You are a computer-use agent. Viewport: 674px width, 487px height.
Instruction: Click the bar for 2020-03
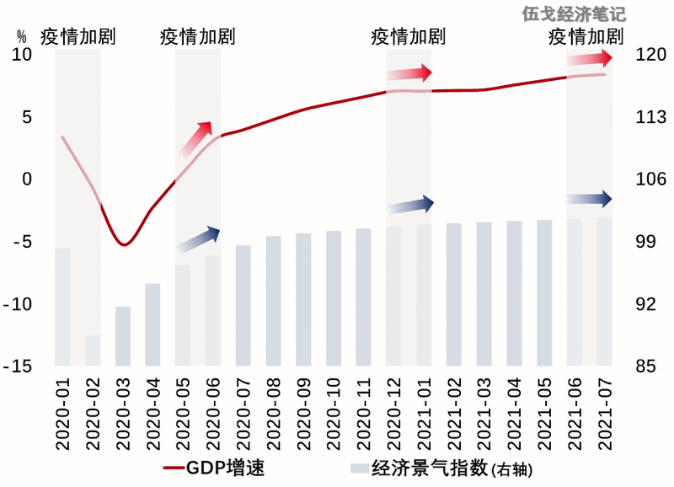click(x=123, y=336)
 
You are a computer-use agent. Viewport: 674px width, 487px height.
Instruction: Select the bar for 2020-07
click(x=243, y=305)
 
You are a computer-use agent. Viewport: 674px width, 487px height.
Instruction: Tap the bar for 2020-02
click(x=93, y=351)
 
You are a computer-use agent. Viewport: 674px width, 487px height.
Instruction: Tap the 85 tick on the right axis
click(x=646, y=367)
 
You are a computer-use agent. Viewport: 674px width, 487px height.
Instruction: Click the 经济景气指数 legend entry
click(x=438, y=466)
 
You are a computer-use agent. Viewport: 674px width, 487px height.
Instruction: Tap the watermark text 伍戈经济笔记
click(x=575, y=14)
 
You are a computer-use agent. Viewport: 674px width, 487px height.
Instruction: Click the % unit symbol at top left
click(x=22, y=36)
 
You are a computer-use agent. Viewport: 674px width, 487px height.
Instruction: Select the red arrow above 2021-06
click(x=590, y=58)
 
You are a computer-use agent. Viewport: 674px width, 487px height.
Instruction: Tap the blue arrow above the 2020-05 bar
click(x=199, y=239)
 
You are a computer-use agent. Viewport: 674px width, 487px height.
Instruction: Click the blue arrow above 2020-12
click(x=410, y=205)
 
